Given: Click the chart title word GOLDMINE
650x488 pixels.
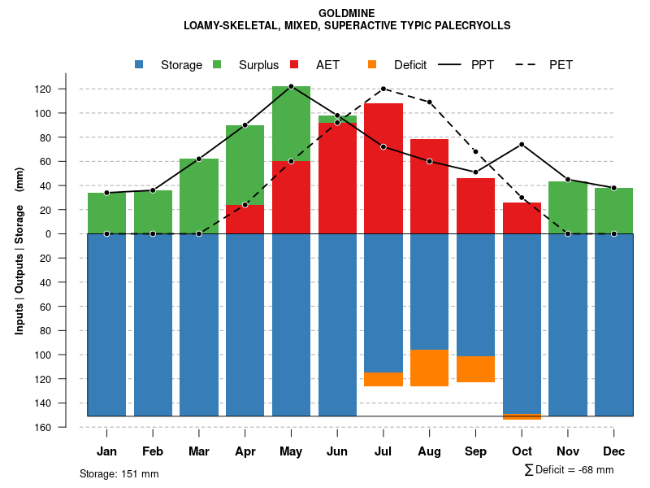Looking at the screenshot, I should tap(347, 13).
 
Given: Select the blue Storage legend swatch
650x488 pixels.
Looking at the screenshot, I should tap(140, 64).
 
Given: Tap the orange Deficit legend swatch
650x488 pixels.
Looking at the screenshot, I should tap(373, 64).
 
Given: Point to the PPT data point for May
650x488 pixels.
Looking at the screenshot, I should tap(291, 86).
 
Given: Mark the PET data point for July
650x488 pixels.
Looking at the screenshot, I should tap(383, 89).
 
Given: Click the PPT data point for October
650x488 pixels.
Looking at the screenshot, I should tap(522, 145).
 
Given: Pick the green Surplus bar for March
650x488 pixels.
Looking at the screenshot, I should tap(199, 196).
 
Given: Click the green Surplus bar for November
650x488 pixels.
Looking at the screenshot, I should tap(568, 207).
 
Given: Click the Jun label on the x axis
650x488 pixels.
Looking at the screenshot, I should tap(337, 451).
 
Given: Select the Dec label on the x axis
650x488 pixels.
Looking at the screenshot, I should tap(614, 451).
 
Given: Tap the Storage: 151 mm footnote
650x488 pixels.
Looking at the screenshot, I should tap(119, 473).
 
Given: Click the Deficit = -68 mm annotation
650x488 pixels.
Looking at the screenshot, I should tap(570, 469).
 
